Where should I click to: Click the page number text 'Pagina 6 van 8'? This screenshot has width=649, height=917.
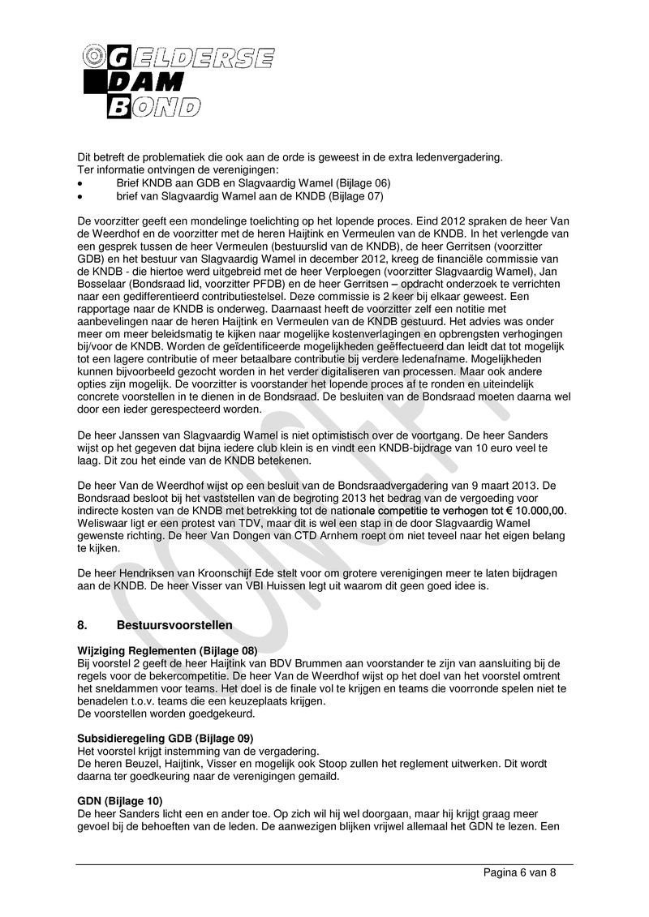[x=519, y=872]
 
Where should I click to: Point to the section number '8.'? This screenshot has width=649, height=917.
[x=83, y=625]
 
